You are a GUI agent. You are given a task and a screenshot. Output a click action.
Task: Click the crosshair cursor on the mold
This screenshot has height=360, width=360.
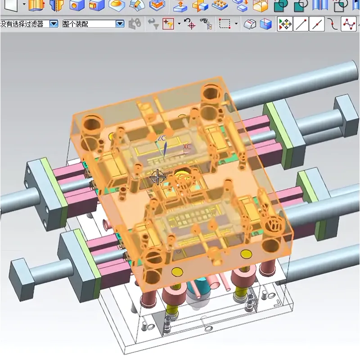157,177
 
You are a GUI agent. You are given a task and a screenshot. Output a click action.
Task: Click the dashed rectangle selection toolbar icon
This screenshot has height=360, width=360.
224,24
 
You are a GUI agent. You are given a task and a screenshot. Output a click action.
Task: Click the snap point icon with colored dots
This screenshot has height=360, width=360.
284,24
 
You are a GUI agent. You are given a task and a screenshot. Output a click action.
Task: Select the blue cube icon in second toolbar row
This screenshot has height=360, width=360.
267,24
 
